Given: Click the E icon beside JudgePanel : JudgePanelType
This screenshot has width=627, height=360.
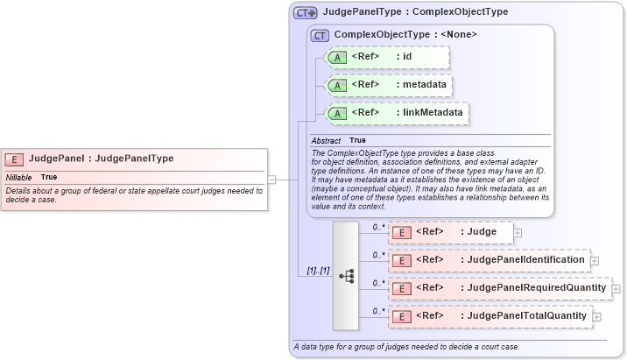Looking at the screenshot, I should pos(14,159).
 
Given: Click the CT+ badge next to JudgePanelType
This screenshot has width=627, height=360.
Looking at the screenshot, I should pos(305,13).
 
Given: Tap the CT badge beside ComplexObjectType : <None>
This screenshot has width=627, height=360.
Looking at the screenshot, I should pos(321,35).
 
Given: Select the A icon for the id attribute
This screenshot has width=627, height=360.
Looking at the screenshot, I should pos(337,57).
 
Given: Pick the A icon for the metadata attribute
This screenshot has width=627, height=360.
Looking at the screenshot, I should pos(337,85).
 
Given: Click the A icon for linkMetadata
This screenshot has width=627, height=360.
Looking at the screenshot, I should pos(337,113).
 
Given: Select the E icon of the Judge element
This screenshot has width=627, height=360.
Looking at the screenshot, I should pos(400,232).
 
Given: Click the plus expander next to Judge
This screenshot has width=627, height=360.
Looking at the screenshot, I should pos(518,232).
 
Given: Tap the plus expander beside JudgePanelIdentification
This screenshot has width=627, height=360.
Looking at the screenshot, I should pos(595,260).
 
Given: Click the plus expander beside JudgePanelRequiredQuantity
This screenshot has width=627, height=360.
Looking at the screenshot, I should pos(615,288).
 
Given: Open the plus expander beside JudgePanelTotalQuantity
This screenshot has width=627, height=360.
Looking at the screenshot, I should pos(597,316).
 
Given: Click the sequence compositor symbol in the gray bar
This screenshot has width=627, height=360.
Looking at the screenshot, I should pos(346,275).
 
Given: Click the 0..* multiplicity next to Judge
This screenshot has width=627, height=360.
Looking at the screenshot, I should pos(378,227).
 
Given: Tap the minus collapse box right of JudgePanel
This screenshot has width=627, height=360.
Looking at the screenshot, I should pos(271,179).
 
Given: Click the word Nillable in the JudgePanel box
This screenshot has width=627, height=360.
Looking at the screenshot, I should pos(18,177).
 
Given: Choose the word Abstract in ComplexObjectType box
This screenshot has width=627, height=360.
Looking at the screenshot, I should pos(326,140).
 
